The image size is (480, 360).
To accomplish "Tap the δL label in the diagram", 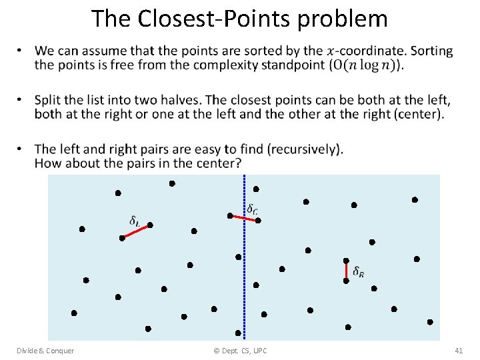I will click(134, 220).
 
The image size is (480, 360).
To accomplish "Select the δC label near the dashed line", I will click(253, 209).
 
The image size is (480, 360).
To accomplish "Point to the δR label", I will click(358, 271).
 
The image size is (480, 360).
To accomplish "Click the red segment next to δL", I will click(136, 231).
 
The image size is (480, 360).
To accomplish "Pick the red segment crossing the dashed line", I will click(244, 218).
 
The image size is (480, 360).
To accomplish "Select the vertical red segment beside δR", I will click(346, 271).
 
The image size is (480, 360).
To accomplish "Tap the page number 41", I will click(458, 351).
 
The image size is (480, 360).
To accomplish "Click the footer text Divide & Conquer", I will click(46, 351).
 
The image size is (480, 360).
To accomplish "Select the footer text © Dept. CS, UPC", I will click(240, 351).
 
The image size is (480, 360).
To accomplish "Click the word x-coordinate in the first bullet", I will click(367, 51).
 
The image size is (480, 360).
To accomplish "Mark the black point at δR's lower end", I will click(346, 281).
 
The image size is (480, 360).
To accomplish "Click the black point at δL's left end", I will click(122, 237).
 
